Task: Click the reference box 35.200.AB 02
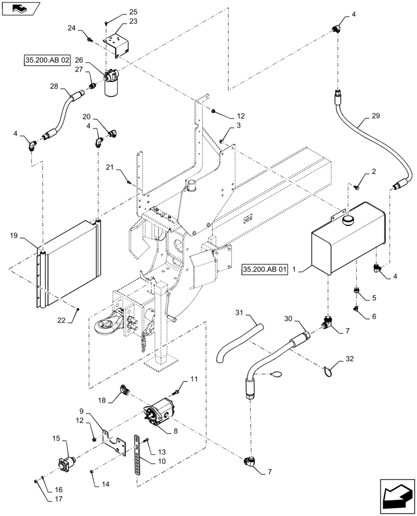click(47, 60)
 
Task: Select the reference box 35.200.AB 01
click(264, 269)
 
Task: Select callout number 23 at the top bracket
click(119, 22)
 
